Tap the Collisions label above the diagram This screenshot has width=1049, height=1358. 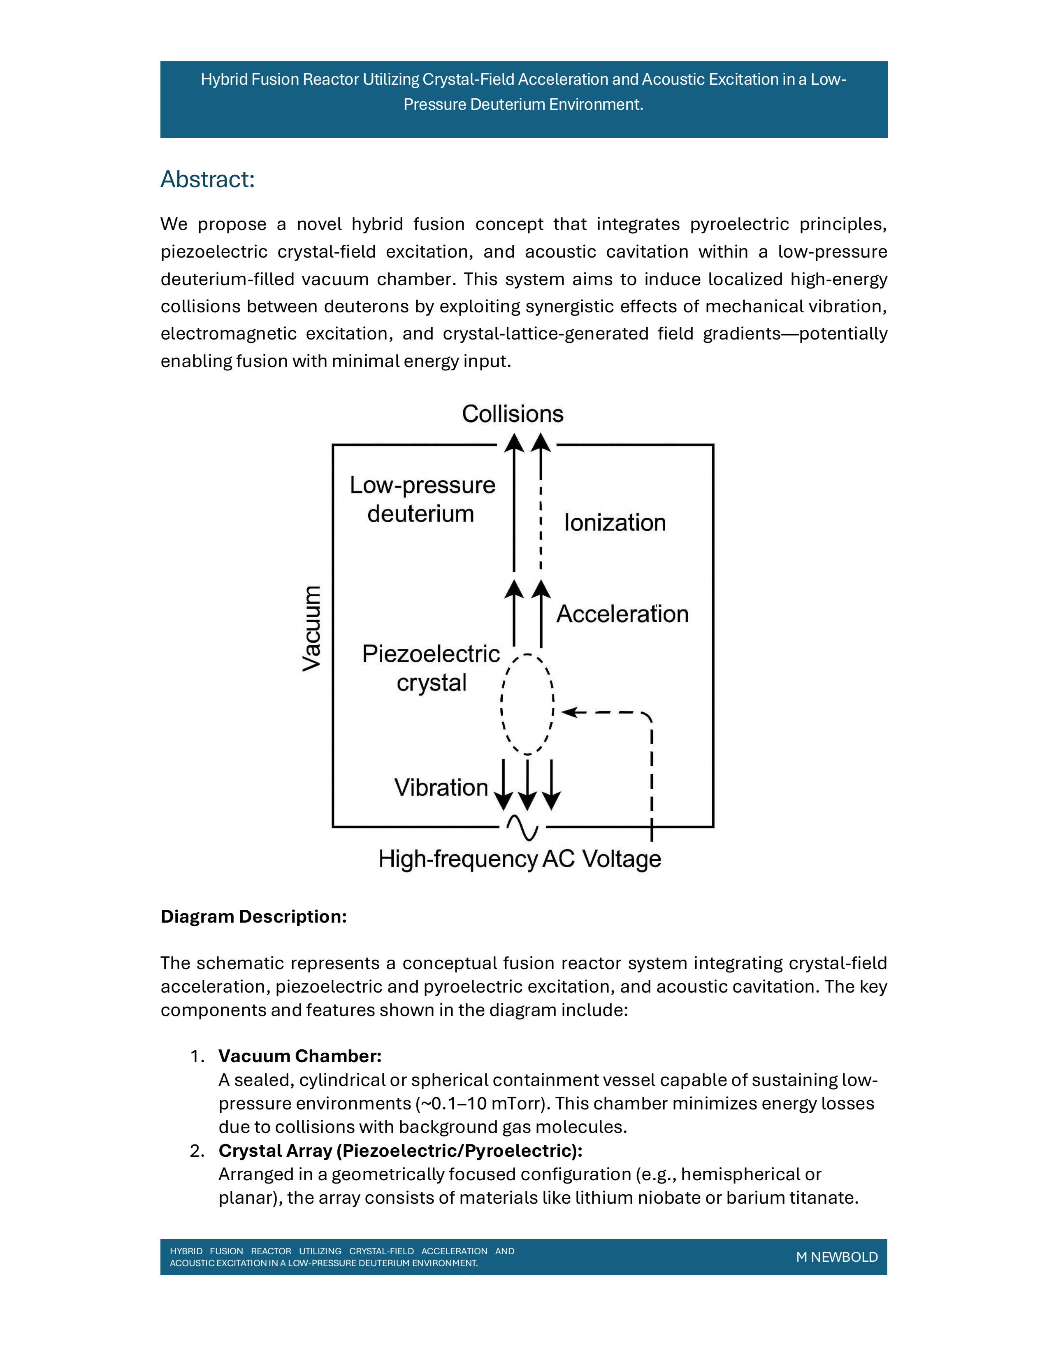tap(512, 414)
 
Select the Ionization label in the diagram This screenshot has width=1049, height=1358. tap(615, 523)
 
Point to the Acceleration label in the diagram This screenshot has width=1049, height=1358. tap(622, 614)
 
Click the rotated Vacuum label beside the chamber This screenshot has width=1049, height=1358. tap(312, 628)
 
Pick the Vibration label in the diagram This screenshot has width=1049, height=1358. tap(441, 787)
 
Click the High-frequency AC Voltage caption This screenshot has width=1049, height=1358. tap(520, 859)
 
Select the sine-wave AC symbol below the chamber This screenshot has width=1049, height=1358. tap(522, 827)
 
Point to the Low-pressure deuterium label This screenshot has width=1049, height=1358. tap(422, 499)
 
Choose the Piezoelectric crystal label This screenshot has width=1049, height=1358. tap(431, 668)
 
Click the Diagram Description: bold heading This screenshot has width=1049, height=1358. tap(253, 916)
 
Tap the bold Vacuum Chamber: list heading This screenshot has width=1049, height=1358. tap(299, 1056)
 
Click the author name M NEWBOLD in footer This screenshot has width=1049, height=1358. tap(836, 1257)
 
